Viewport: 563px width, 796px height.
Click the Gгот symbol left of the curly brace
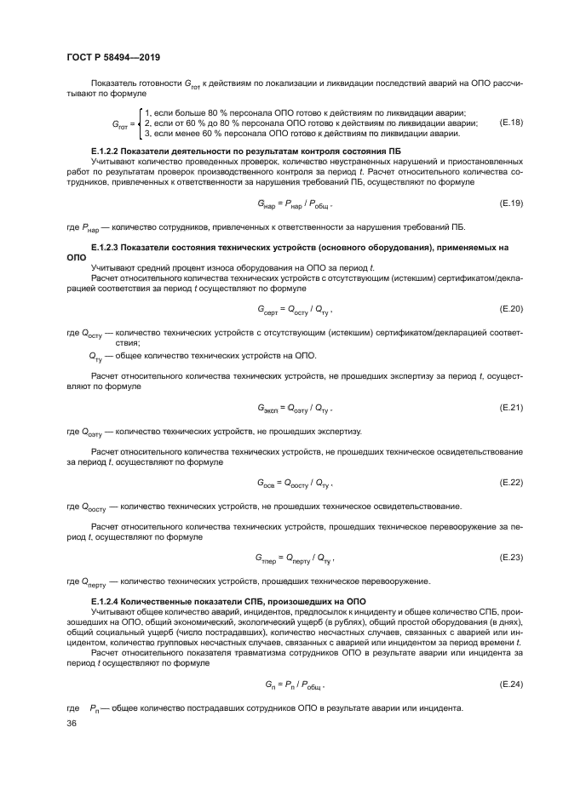click(x=120, y=124)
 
